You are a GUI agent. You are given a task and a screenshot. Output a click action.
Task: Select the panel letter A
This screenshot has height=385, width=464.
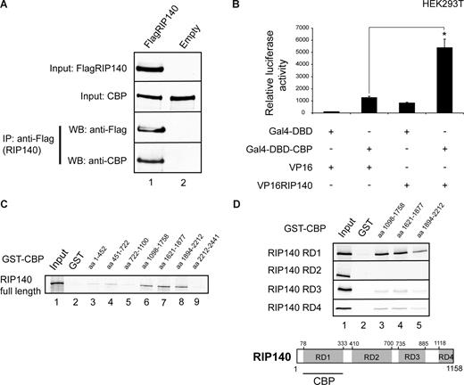(7, 8)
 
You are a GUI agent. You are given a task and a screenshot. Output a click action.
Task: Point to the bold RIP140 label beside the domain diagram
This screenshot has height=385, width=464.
(269, 353)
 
